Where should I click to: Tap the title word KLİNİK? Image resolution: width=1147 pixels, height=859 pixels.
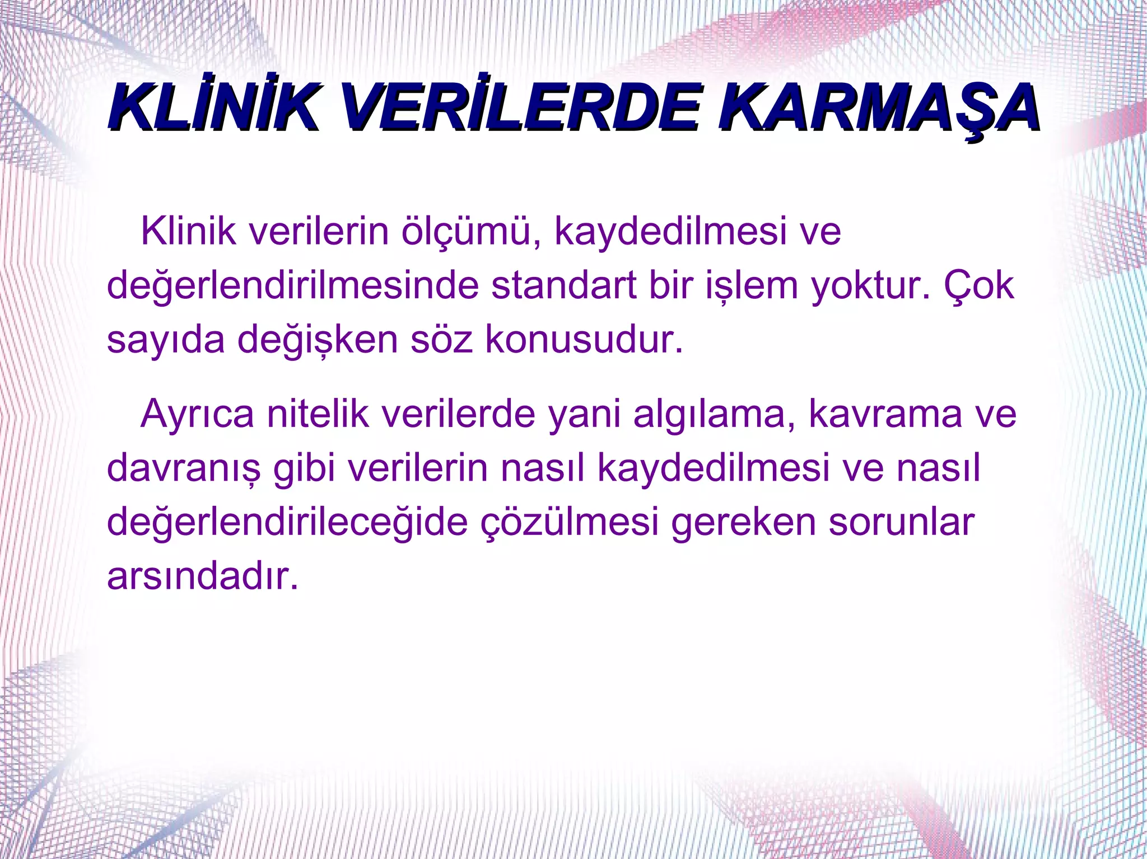click(213, 107)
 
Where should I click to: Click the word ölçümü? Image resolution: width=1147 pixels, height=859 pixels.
click(472, 231)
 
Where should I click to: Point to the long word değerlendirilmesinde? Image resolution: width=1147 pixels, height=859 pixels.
click(292, 285)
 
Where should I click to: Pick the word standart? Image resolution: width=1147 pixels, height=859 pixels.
click(564, 285)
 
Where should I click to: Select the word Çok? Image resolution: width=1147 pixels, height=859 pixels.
click(980, 285)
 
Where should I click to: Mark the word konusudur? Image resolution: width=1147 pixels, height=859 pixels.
click(584, 339)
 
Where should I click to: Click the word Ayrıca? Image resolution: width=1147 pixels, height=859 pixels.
click(197, 415)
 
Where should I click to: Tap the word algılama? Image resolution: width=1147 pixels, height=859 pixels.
click(714, 415)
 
